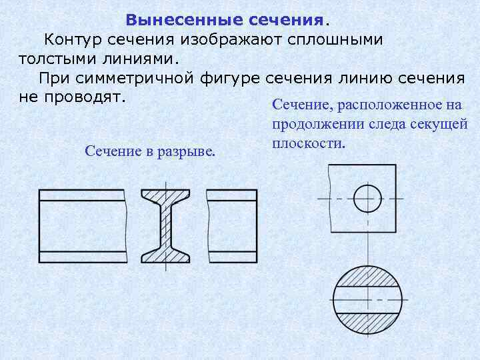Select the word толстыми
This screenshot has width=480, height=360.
click(x=54, y=59)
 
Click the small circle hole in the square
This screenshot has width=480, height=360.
click(x=367, y=199)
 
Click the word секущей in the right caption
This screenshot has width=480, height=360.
click(x=437, y=125)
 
